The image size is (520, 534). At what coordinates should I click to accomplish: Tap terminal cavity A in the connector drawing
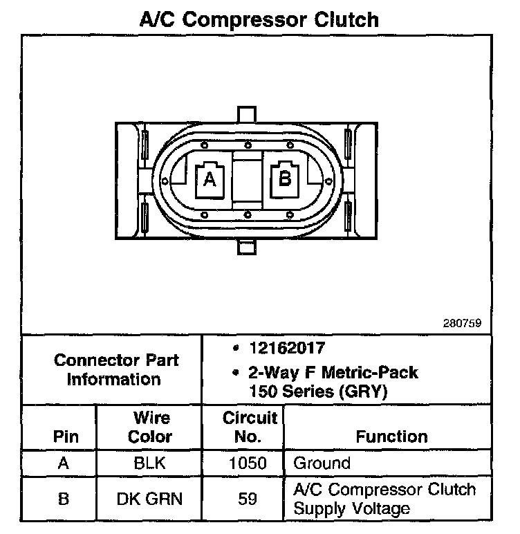tap(210, 179)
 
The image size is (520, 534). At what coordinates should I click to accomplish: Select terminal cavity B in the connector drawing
tap(284, 179)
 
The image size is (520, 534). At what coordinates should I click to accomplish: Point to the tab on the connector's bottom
tap(247, 247)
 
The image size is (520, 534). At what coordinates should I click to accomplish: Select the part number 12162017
tap(288, 348)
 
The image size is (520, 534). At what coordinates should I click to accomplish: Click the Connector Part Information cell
tap(116, 369)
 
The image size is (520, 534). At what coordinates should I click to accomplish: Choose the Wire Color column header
tap(151, 427)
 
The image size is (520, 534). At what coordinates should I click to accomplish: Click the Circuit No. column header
tap(250, 427)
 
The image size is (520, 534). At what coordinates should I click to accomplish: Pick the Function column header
tap(391, 436)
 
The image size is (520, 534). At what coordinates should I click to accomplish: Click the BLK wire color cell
tap(151, 463)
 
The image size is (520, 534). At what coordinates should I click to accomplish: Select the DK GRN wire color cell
tap(151, 499)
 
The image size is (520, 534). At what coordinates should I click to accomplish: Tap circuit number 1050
tap(247, 463)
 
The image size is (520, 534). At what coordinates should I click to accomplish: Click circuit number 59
tap(247, 499)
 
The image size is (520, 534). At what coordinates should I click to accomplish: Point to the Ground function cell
tap(322, 463)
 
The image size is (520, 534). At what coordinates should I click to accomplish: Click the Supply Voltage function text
tap(352, 508)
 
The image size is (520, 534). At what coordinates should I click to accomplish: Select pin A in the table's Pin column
tap(64, 463)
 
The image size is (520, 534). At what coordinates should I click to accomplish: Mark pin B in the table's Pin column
tap(64, 499)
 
